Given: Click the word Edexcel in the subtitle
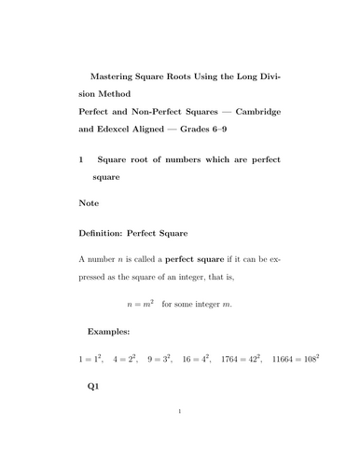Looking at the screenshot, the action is [124, 130].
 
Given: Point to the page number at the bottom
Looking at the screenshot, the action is [179, 436].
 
